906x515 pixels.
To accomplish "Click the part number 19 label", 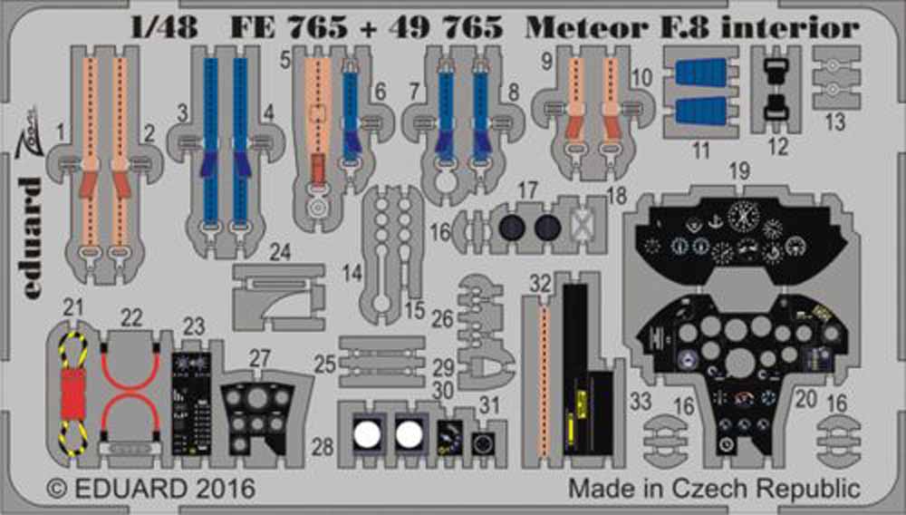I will point(740,170).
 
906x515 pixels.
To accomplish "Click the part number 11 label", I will point(700,151).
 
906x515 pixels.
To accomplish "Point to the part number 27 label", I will point(261,358).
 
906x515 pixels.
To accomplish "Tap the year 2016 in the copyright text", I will point(224,488).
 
